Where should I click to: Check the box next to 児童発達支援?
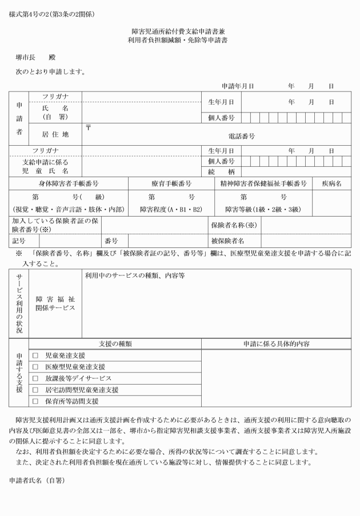[35, 355]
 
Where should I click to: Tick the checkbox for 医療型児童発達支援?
[35, 366]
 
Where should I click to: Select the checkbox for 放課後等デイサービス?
[35, 378]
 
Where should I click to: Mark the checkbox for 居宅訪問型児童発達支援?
[35, 389]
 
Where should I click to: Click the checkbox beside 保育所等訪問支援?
[35, 401]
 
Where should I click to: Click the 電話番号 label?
[242, 137]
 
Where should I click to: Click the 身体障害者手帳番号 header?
[68, 183]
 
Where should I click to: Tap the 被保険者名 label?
[227, 241]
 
